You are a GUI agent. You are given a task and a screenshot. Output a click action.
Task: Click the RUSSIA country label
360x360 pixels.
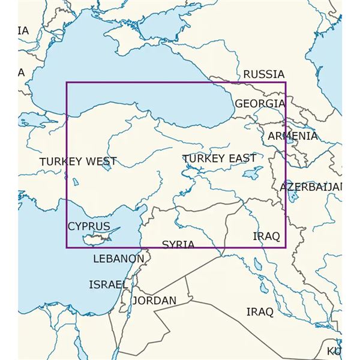tap(263, 74)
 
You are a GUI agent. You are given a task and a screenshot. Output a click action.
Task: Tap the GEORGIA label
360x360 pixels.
tap(259, 104)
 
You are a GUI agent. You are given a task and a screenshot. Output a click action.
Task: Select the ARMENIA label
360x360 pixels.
tap(292, 136)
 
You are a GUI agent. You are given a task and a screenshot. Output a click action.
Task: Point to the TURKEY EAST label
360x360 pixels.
tap(220, 158)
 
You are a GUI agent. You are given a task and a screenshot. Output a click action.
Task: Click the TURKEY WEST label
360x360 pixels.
tap(78, 162)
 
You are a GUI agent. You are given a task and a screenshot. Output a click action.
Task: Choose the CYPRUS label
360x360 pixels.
tap(89, 226)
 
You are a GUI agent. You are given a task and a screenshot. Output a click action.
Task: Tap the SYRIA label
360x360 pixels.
tap(178, 244)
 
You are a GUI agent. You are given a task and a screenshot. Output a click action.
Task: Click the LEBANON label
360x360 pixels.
tap(119, 259)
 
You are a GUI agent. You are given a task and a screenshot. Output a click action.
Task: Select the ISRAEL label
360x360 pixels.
tap(108, 284)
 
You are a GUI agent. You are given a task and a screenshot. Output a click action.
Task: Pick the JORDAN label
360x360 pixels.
tap(155, 300)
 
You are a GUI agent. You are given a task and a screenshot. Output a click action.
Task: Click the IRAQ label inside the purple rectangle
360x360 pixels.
tap(266, 236)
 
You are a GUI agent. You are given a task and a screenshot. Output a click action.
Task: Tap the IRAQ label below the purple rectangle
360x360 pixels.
tap(260, 312)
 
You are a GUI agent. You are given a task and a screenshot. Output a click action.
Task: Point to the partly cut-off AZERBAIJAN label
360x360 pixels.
tap(311, 187)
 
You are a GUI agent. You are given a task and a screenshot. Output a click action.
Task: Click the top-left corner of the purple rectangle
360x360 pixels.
tap(67, 83)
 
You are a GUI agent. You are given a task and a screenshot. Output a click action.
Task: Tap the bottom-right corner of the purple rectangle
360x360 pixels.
tap(286, 247)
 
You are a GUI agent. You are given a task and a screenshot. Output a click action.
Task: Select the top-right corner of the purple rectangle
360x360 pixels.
tap(286, 83)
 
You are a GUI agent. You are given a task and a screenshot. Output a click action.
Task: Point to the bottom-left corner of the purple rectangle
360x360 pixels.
tap(67, 247)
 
